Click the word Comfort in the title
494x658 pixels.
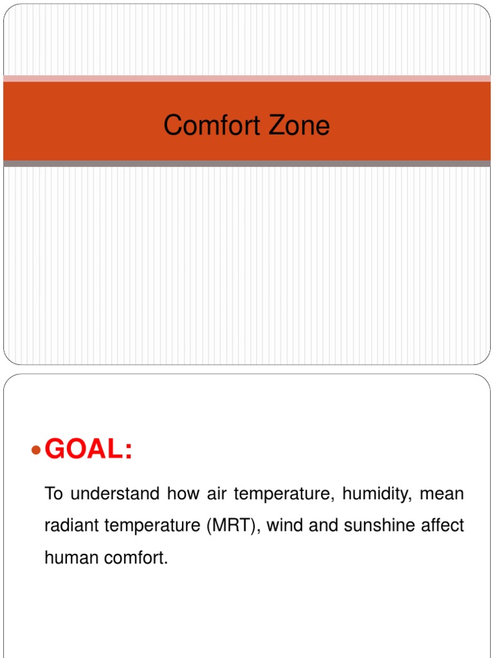tap(212, 125)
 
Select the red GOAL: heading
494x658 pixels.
tap(89, 449)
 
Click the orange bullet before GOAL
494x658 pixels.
tap(37, 450)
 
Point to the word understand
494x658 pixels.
tap(114, 493)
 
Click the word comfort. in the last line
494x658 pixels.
tap(136, 558)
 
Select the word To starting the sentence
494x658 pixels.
tap(53, 493)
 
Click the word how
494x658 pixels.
tap(183, 493)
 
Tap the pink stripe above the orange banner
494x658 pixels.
tap(247, 78)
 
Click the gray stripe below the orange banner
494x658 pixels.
tap(247, 164)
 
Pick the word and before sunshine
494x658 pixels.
tap(324, 526)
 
